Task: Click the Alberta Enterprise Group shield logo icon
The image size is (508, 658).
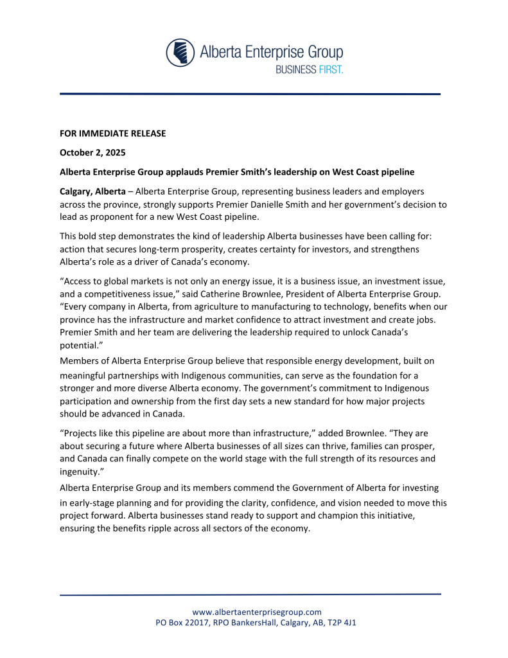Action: coord(180,53)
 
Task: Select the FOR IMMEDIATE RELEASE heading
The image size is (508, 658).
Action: coord(112,134)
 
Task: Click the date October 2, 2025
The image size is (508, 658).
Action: coord(92,153)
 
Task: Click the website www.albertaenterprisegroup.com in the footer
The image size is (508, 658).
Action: coord(257,612)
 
